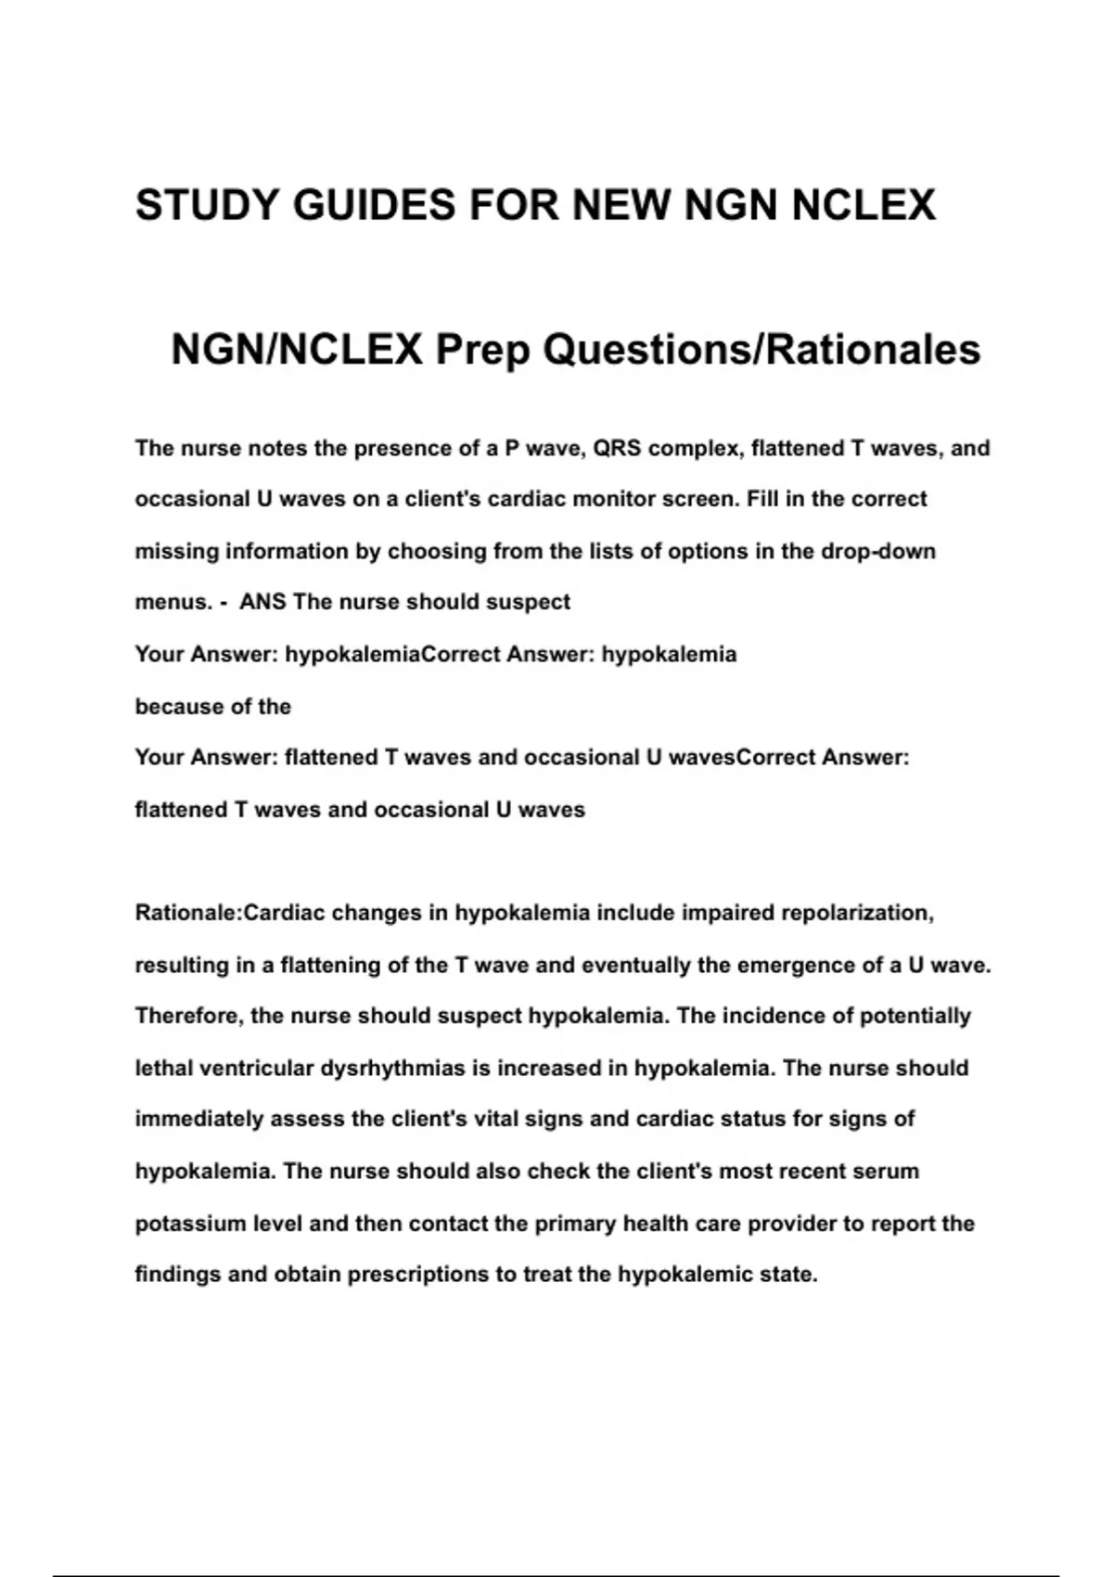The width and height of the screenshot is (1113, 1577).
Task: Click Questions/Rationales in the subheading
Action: coord(761,350)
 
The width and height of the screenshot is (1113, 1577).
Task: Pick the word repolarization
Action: coord(857,913)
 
